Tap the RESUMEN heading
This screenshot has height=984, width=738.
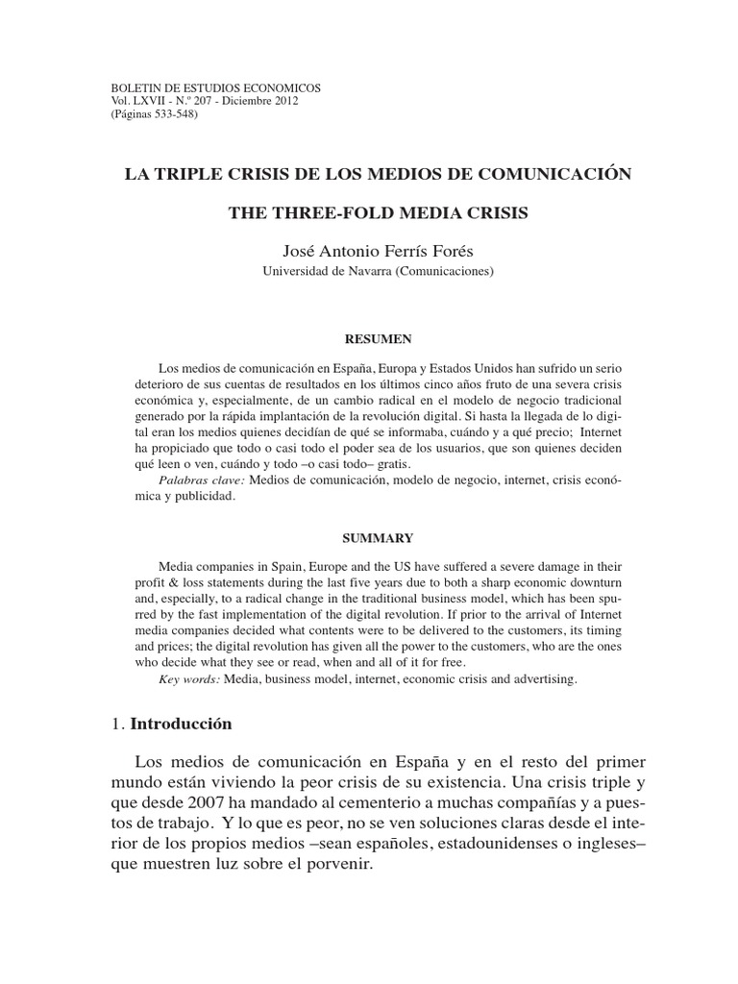point(378,339)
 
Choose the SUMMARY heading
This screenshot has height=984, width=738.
point(378,537)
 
